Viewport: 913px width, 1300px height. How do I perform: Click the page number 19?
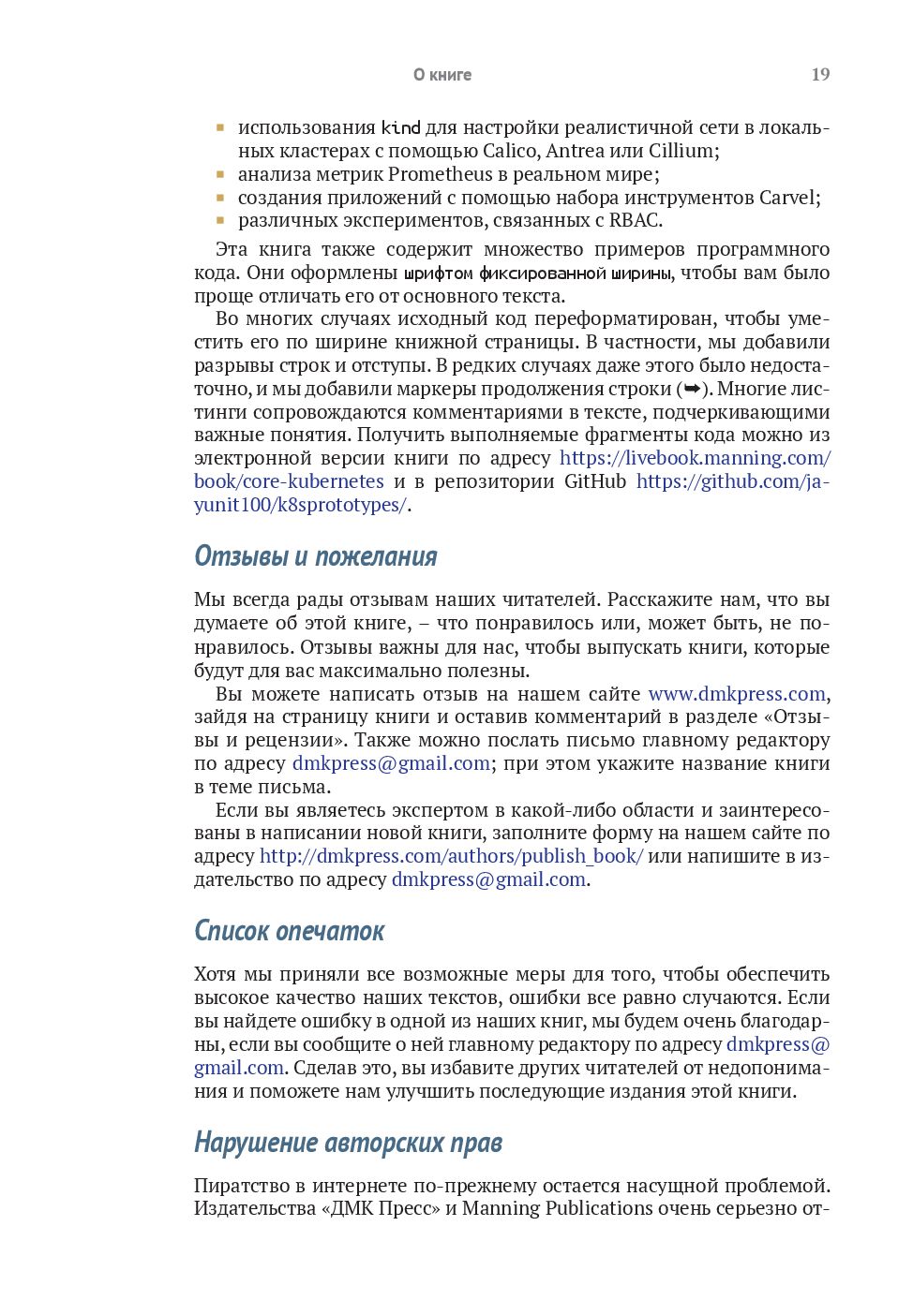(820, 75)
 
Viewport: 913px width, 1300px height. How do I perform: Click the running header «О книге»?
(442, 75)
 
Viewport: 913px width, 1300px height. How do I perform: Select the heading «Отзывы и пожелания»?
(316, 556)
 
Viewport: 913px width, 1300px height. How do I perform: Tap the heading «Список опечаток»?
(290, 931)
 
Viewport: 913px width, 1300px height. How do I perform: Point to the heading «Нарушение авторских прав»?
(349, 1143)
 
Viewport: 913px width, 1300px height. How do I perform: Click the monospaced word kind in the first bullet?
(401, 128)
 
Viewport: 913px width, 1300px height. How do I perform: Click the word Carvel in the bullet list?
(788, 198)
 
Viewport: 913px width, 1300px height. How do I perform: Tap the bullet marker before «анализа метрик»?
(220, 174)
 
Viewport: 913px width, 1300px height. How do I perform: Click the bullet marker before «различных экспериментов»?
(220, 221)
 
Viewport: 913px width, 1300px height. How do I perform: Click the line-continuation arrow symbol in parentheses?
(693, 389)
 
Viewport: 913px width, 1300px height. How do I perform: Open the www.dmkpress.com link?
(737, 694)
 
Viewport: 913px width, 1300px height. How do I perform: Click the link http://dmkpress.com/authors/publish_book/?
(451, 856)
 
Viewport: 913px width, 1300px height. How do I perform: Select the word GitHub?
(595, 481)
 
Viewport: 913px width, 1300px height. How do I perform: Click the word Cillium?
(681, 151)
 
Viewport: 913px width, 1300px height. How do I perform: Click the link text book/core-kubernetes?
(289, 481)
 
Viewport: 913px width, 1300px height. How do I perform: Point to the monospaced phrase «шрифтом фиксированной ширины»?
(538, 273)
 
